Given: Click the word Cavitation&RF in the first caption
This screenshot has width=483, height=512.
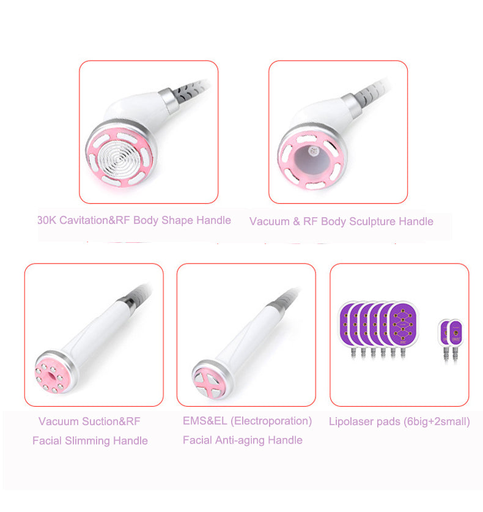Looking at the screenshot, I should (92, 220).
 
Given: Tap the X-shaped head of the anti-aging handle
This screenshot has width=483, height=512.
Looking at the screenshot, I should (207, 379).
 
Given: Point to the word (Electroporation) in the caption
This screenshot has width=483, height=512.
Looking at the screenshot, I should (275, 421).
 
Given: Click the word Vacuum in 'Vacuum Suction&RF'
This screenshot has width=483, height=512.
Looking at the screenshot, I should (58, 421).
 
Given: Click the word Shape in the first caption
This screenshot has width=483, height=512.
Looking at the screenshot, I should (177, 220).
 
